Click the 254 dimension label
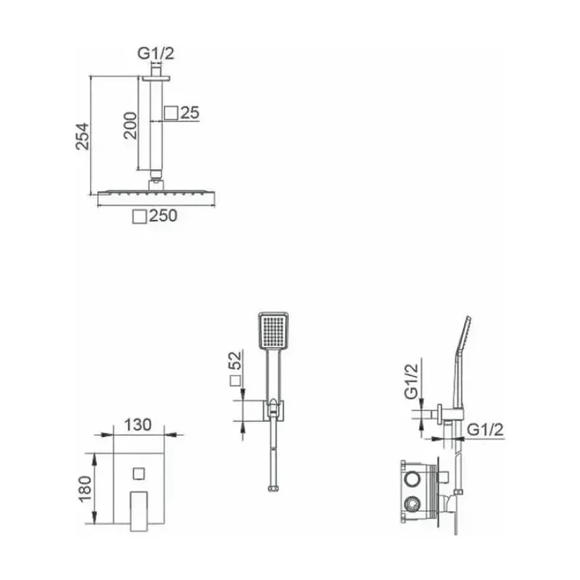pos(83,136)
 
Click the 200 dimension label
pos(130,125)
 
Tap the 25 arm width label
pos(190,113)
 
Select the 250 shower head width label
pos(163,215)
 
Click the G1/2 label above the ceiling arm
pos(155,53)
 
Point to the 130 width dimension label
pos(138,425)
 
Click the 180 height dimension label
pos(85,489)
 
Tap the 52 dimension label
pos(235,360)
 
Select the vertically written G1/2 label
pos(411,381)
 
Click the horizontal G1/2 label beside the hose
pos(485,429)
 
